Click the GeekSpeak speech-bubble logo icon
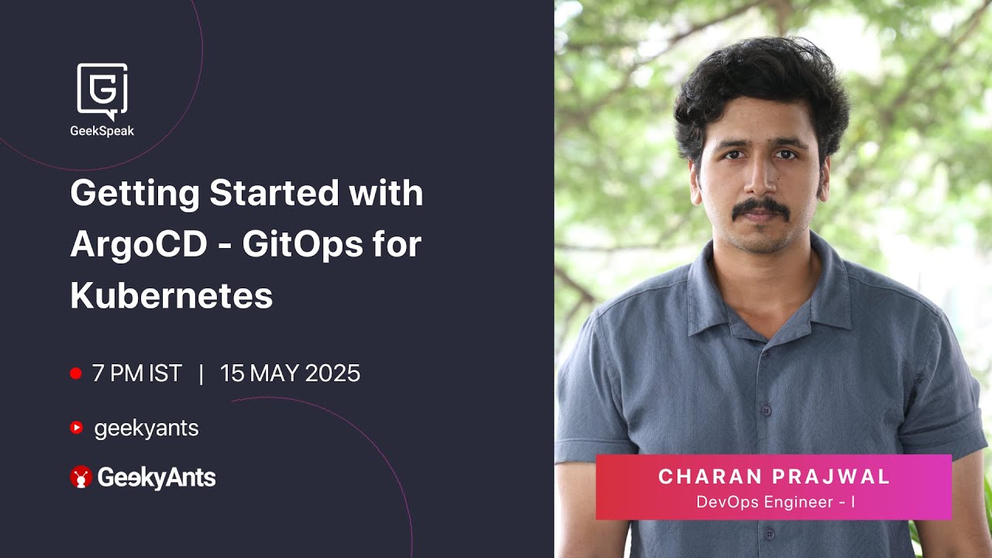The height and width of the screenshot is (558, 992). (102, 90)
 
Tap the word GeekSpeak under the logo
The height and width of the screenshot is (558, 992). (102, 131)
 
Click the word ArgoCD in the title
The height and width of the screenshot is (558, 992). (139, 245)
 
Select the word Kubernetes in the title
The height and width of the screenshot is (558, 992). (171, 296)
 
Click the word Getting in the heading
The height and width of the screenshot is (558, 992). (133, 194)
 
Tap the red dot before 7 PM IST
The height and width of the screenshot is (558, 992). (76, 374)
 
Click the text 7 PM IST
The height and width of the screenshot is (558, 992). (136, 374)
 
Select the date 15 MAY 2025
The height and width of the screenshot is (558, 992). (290, 374)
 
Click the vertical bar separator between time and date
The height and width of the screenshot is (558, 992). (201, 374)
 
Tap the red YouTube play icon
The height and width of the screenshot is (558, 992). (76, 428)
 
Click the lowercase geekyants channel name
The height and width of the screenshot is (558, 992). (146, 428)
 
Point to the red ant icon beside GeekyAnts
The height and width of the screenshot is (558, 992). (81, 477)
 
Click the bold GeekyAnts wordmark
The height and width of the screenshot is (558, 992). (156, 477)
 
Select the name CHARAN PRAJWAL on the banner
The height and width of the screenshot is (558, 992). (774, 477)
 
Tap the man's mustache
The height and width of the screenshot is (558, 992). (762, 207)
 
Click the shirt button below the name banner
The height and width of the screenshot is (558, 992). (768, 534)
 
